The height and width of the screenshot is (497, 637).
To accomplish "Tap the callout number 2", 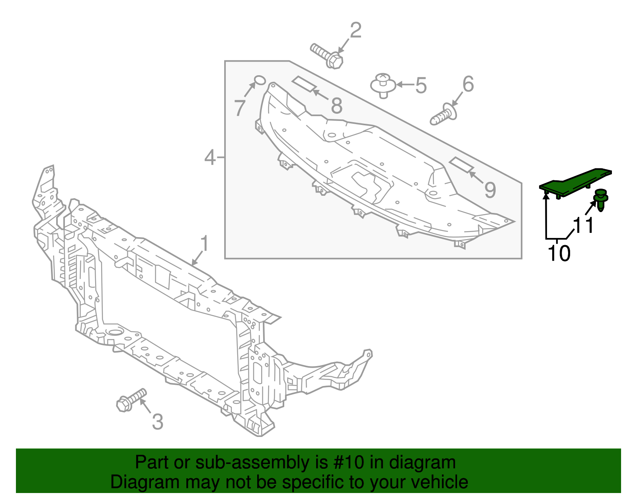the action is [x=356, y=30].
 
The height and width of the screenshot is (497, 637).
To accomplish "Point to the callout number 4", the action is [x=210, y=158].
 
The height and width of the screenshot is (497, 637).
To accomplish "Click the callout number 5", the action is [x=421, y=86].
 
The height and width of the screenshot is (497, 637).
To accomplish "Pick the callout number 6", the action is [x=468, y=84].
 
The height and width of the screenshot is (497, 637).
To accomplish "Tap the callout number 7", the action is [x=240, y=108].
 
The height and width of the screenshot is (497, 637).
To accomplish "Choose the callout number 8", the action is [x=336, y=106].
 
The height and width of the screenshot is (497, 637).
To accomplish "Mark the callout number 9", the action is [x=490, y=190].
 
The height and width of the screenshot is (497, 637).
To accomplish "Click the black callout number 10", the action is [x=559, y=253].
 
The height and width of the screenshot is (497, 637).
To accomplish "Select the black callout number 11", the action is [x=583, y=226].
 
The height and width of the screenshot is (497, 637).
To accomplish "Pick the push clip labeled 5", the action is [x=383, y=86].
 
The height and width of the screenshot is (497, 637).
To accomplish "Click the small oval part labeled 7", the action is [x=260, y=80].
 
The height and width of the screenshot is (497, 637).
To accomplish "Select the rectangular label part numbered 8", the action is [x=304, y=84].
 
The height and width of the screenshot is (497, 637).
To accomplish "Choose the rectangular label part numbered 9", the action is [x=461, y=165].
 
